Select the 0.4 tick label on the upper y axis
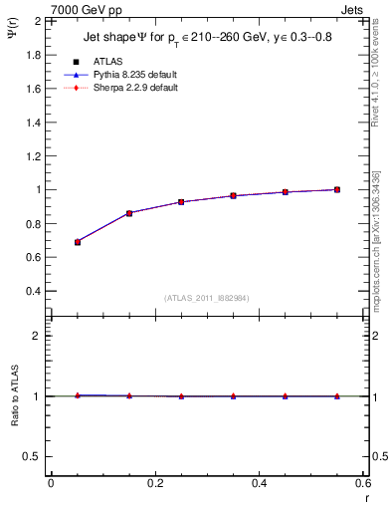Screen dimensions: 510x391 pos(31,291)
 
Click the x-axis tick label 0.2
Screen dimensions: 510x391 pos(154,483)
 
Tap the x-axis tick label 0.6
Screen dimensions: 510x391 pos(362,483)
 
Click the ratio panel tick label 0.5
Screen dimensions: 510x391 pos(31,456)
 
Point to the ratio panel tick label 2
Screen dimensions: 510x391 pos(36,336)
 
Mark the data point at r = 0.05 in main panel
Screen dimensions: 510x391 pos(78,242)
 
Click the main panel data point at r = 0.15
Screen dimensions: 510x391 pos(129,213)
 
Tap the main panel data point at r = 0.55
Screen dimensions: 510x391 pos(337,189)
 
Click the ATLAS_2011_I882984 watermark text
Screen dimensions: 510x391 pos(206,299)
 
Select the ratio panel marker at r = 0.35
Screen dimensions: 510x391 pos(233,396)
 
